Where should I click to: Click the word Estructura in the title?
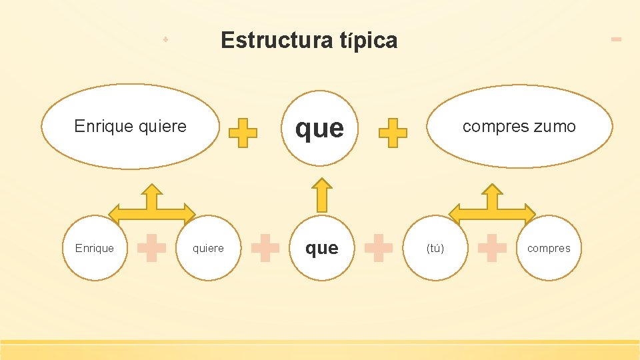[x=275, y=41]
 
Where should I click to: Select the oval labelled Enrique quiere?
[x=131, y=126]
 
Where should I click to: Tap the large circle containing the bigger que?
[x=320, y=128]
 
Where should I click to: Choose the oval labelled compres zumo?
[x=519, y=126]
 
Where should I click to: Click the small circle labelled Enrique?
[x=95, y=248]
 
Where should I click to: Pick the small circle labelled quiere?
[x=208, y=248]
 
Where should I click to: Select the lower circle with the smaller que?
[x=321, y=248]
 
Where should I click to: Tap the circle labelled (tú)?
[x=435, y=248]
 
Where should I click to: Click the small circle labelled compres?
[x=549, y=248]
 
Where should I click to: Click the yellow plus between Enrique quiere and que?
[x=243, y=133]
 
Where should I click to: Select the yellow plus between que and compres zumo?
[x=393, y=133]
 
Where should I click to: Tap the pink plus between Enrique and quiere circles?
[x=151, y=247]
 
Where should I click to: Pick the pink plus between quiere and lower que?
[x=265, y=247]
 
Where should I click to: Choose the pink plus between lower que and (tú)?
[x=379, y=247]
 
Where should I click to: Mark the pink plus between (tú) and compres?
[x=492, y=247]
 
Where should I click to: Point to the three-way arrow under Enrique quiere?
[x=152, y=206]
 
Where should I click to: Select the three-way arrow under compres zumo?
[x=492, y=206]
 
